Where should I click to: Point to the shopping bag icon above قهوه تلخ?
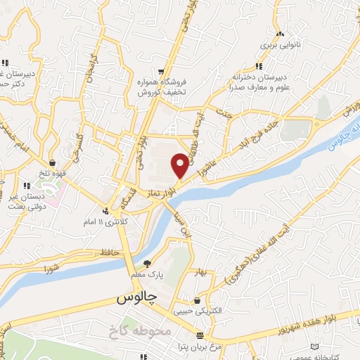tap(52, 163)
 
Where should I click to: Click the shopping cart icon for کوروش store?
tap(162, 72)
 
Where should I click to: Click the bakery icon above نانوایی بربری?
tap(281, 34)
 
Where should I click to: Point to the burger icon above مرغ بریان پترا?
tap(200, 335)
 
